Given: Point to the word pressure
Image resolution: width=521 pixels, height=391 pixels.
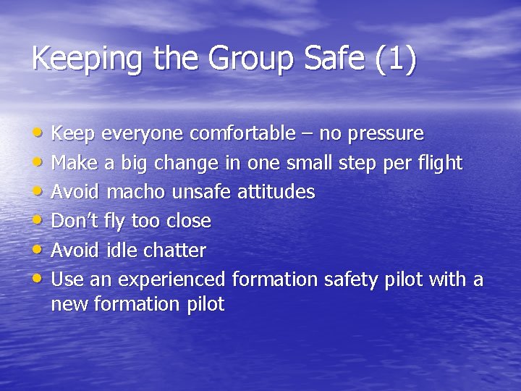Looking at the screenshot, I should point(386,135).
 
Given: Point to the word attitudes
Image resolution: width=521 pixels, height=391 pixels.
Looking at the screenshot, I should point(276,192).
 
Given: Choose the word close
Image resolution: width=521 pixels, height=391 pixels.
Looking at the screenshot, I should point(189,221).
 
